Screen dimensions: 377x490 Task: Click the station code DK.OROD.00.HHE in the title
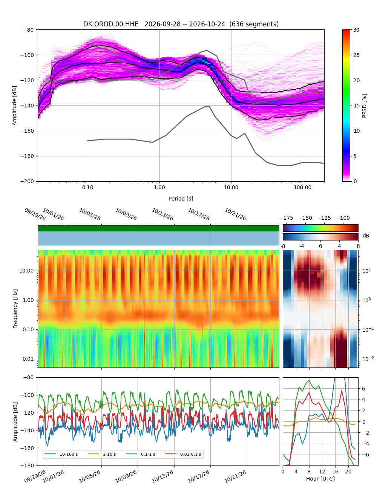coord(111,24)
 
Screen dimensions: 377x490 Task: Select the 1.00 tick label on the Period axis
coord(159,188)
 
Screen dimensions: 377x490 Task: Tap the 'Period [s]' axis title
coord(181,199)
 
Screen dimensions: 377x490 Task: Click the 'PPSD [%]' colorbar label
coord(364,106)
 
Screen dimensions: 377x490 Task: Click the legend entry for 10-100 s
coord(61,454)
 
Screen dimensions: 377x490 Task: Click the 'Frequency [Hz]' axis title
coord(15,309)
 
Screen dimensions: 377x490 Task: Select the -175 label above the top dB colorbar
coord(287,218)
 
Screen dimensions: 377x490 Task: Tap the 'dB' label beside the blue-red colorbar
coord(366,236)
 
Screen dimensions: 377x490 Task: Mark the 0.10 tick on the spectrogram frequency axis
coord(28,329)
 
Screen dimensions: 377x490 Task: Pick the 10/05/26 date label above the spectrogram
coord(90,214)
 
